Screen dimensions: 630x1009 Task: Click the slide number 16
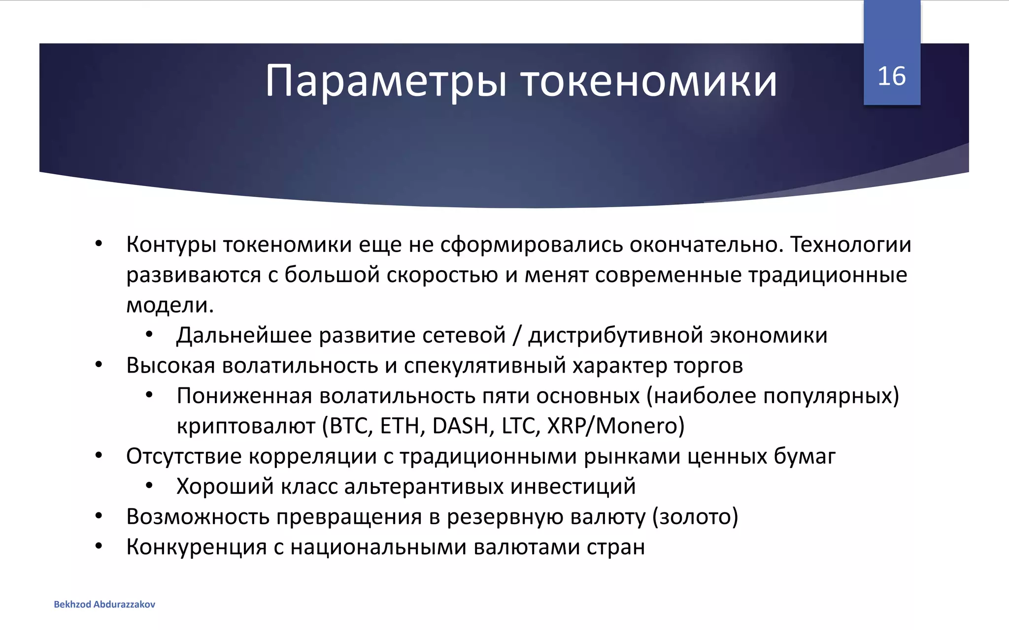[891, 77]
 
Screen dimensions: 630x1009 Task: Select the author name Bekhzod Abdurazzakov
[104, 604]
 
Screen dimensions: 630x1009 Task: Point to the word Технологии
[851, 245]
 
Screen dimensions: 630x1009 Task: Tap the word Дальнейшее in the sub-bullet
[244, 336]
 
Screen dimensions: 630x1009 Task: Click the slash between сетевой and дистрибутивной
[516, 336]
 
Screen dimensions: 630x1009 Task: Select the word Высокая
[170, 366]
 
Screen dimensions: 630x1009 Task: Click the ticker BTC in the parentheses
[351, 426]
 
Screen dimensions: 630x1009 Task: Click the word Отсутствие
[183, 456]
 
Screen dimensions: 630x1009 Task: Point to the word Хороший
[225, 487]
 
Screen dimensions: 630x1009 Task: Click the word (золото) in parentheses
[695, 517]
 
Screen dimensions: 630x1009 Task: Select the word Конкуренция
[196, 547]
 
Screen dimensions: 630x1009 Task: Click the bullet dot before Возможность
[99, 516]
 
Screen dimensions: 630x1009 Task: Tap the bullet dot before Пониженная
[149, 396]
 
